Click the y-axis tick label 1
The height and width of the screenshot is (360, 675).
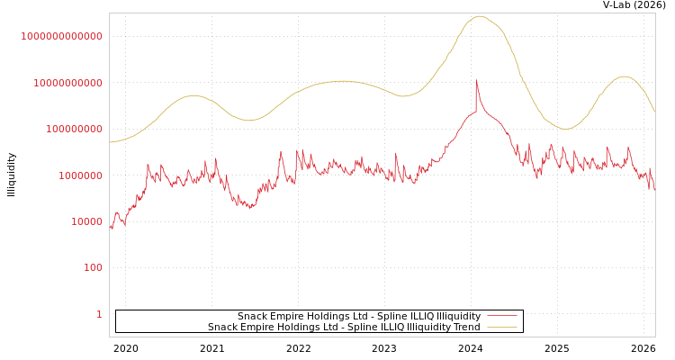(100, 315)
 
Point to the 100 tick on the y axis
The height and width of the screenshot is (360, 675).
(94, 268)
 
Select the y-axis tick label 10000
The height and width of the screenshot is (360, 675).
(87, 222)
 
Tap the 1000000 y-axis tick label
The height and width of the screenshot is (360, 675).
(81, 176)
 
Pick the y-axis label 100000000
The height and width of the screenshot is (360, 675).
(75, 130)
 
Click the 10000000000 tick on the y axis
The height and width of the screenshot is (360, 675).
(68, 84)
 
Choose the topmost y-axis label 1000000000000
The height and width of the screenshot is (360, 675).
(62, 37)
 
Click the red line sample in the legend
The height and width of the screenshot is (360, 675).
(502, 317)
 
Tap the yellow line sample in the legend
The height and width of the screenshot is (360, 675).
(502, 328)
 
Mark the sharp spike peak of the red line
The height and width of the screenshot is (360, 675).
(476, 80)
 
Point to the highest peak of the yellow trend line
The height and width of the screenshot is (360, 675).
(479, 16)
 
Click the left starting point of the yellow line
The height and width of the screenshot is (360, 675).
(110, 142)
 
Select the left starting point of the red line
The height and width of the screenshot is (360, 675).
(110, 227)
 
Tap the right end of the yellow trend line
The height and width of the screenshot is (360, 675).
(654, 112)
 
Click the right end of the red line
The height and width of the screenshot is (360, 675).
(654, 187)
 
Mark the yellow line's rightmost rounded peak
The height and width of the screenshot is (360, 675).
(625, 76)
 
